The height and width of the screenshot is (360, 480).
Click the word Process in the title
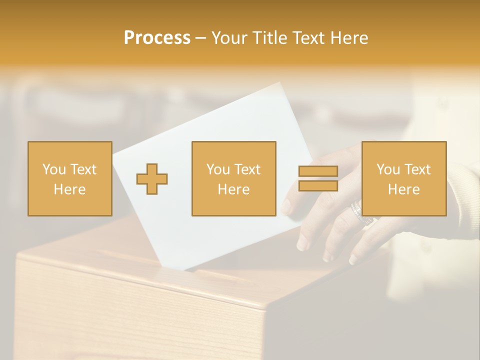click(x=157, y=38)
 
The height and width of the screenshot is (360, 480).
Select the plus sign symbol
click(x=152, y=178)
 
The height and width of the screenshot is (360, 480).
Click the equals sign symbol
click(x=318, y=178)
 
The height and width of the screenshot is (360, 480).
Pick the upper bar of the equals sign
click(x=318, y=171)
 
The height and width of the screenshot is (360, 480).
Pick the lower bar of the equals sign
click(x=318, y=185)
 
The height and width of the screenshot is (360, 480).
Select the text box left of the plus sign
click(x=70, y=178)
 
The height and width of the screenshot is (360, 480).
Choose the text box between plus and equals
click(x=233, y=178)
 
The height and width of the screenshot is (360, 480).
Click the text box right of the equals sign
click(x=403, y=178)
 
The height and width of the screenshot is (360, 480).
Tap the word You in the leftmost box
click(x=54, y=169)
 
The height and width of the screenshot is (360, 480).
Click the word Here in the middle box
click(x=233, y=189)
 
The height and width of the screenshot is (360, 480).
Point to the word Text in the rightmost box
click(x=418, y=169)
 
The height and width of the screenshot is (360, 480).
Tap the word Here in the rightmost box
click(x=403, y=189)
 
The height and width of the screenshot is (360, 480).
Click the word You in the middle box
click(x=218, y=169)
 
